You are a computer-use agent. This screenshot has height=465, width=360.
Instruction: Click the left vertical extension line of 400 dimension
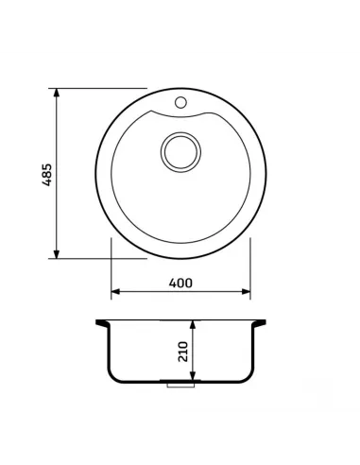[111, 269]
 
